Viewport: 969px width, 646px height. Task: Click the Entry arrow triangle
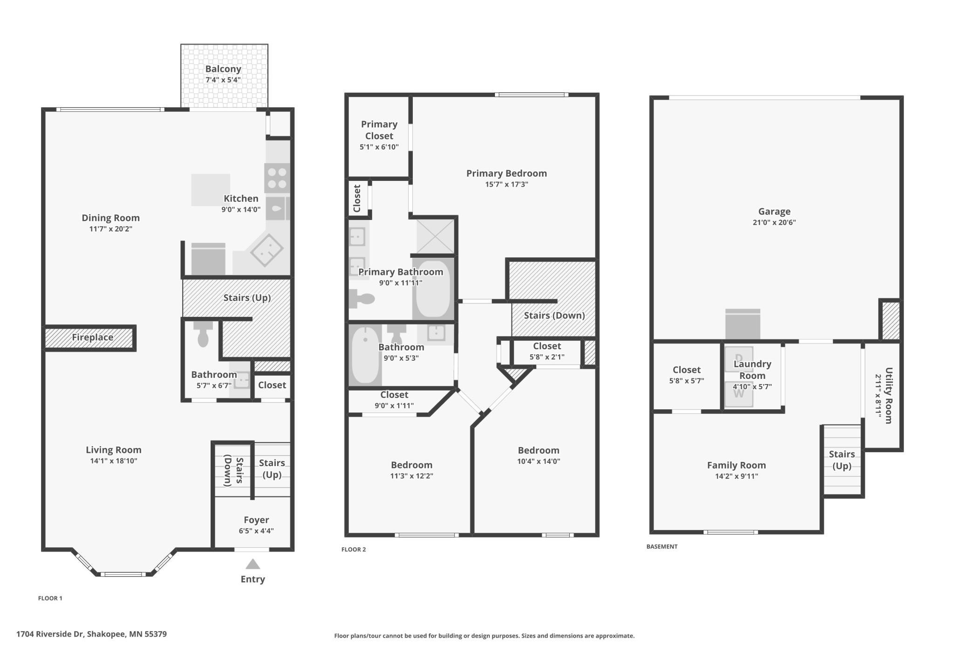click(x=252, y=564)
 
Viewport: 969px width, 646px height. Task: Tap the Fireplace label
click(x=92, y=337)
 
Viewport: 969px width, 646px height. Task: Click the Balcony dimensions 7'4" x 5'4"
click(x=223, y=80)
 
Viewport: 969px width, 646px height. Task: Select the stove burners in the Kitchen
click(x=277, y=178)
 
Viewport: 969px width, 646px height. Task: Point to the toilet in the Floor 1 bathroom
click(x=203, y=334)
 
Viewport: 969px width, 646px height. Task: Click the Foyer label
click(x=256, y=520)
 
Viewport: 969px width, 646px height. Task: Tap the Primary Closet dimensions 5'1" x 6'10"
click(x=379, y=147)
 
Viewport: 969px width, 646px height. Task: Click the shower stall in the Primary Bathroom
click(x=435, y=236)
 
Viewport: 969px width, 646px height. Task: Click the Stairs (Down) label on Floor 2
click(x=554, y=316)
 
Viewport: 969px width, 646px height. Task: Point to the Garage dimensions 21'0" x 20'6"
click(x=774, y=222)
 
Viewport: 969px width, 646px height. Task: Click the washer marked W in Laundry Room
click(x=739, y=394)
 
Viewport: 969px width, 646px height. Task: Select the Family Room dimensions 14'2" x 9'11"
click(x=736, y=476)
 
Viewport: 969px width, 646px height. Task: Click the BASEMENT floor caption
click(x=662, y=546)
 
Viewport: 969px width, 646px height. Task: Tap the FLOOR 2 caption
click(x=354, y=550)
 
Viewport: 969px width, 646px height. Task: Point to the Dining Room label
click(x=110, y=218)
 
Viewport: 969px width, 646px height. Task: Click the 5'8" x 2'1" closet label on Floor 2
click(x=547, y=357)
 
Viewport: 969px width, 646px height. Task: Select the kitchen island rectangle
click(x=211, y=190)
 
